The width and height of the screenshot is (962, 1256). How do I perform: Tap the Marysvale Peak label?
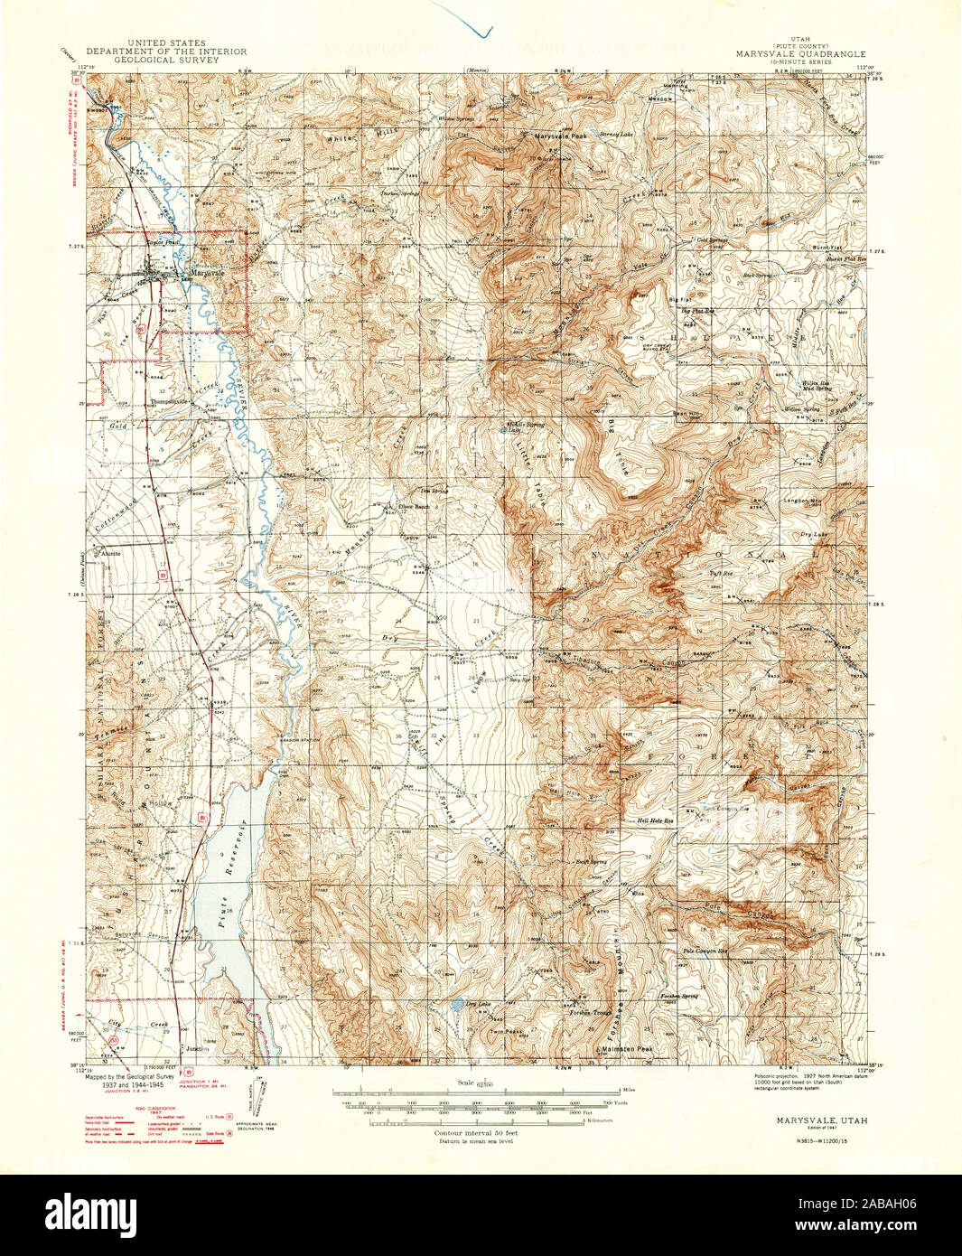pos(560,136)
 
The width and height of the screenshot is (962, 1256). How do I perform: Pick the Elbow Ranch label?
pos(414,506)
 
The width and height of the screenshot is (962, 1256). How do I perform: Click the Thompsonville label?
pos(171,401)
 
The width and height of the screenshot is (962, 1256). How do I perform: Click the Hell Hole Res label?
pos(656,821)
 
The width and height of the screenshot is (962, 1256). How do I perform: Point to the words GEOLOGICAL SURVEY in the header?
pos(166,60)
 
